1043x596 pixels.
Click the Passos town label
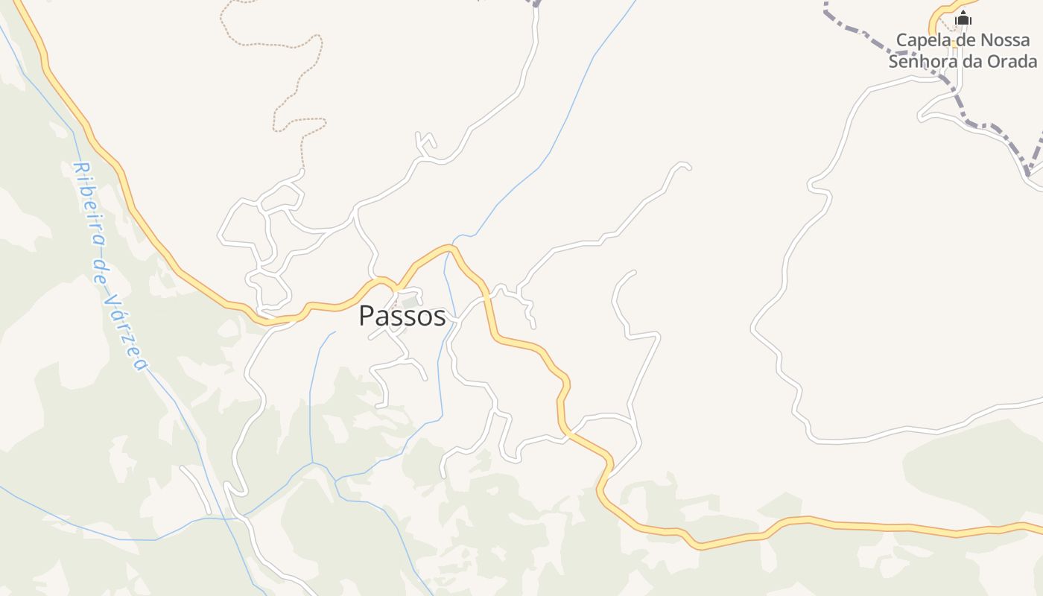(402, 316)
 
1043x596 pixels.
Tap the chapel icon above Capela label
(963, 19)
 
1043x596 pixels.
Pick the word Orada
(1014, 61)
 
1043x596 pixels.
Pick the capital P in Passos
(367, 317)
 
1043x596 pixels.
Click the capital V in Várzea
(112, 299)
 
